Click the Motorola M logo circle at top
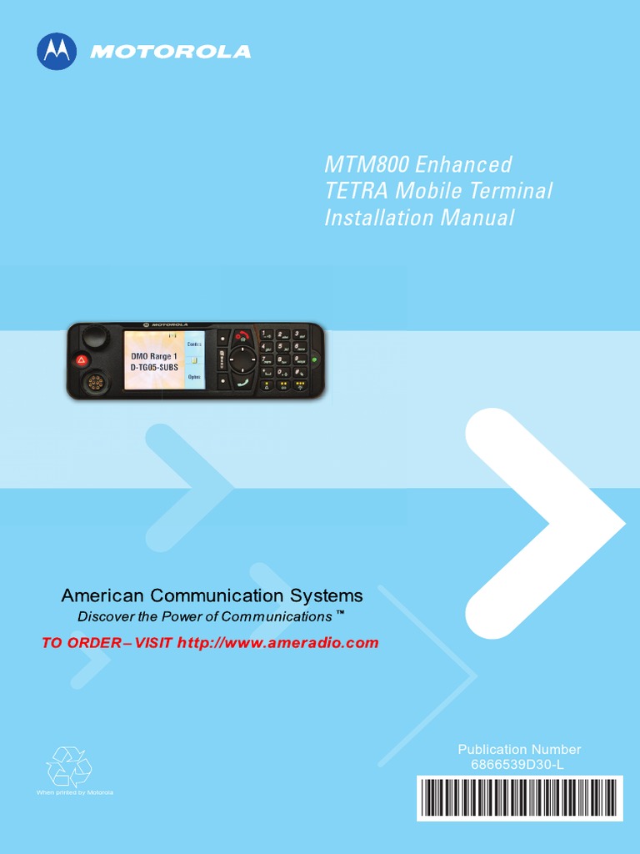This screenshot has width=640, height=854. tap(57, 51)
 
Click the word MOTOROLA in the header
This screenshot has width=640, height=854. tap(170, 52)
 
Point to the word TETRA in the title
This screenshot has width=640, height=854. tap(356, 191)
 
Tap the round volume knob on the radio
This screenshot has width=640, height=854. tap(95, 337)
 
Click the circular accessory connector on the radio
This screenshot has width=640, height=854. tap(95, 384)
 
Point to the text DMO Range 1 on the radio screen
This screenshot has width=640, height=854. tap(153, 356)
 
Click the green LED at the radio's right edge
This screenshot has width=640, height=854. tap(314, 360)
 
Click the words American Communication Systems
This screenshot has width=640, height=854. tap(212, 595)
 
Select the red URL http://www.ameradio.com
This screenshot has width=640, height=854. tap(278, 643)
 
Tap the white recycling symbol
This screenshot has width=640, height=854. tap(69, 766)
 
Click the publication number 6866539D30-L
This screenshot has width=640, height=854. tap(519, 763)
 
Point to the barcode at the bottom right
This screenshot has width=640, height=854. tap(519, 797)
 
